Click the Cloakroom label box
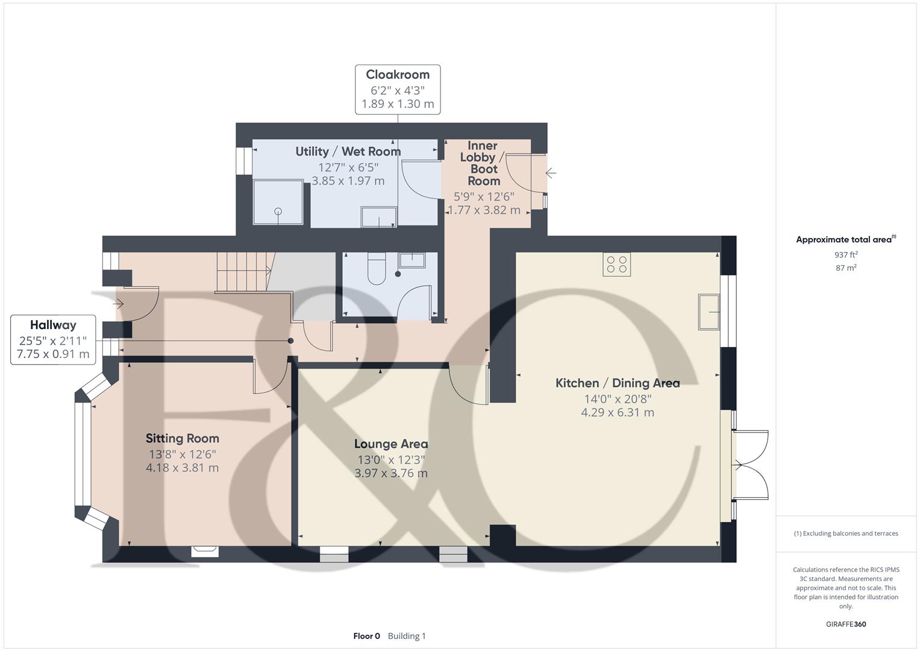pos(398,89)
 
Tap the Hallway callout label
pos(53,339)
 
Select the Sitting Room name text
pos(183,439)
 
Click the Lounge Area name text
pos(391,444)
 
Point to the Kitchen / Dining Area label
pos(618,383)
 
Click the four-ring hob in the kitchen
pos(616,264)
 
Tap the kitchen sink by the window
pos(709,312)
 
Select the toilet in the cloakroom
pos(376,268)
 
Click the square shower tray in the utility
pos(278,202)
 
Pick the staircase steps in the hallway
pos(245,272)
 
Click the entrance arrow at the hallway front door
pos(118,304)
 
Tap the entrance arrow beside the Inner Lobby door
pos(551,173)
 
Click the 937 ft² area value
pos(846,255)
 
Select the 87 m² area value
pos(846,268)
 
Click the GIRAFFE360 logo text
pos(846,624)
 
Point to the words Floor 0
pos(366,636)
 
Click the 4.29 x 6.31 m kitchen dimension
pos(618,412)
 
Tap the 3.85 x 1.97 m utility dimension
pos(348,181)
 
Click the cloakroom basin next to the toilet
pos(412,260)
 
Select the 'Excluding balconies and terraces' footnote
pos(846,533)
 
